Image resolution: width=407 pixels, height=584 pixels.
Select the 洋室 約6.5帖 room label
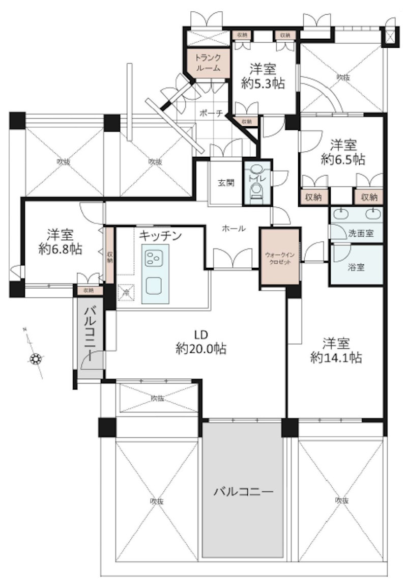(x=342, y=151)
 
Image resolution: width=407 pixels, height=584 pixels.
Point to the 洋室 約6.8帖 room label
(x=61, y=242)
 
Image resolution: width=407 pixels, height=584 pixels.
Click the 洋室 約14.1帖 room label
(x=336, y=350)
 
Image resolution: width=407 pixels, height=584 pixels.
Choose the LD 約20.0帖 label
(x=201, y=342)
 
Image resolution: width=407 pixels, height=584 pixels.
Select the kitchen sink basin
(x=153, y=286)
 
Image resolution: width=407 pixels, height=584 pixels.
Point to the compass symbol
(x=36, y=359)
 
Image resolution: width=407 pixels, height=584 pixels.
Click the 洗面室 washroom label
(x=361, y=234)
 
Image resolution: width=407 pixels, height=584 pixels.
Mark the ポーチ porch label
(x=211, y=114)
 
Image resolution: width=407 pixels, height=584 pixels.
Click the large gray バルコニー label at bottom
(x=243, y=492)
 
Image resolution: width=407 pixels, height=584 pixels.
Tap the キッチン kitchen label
(x=160, y=235)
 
